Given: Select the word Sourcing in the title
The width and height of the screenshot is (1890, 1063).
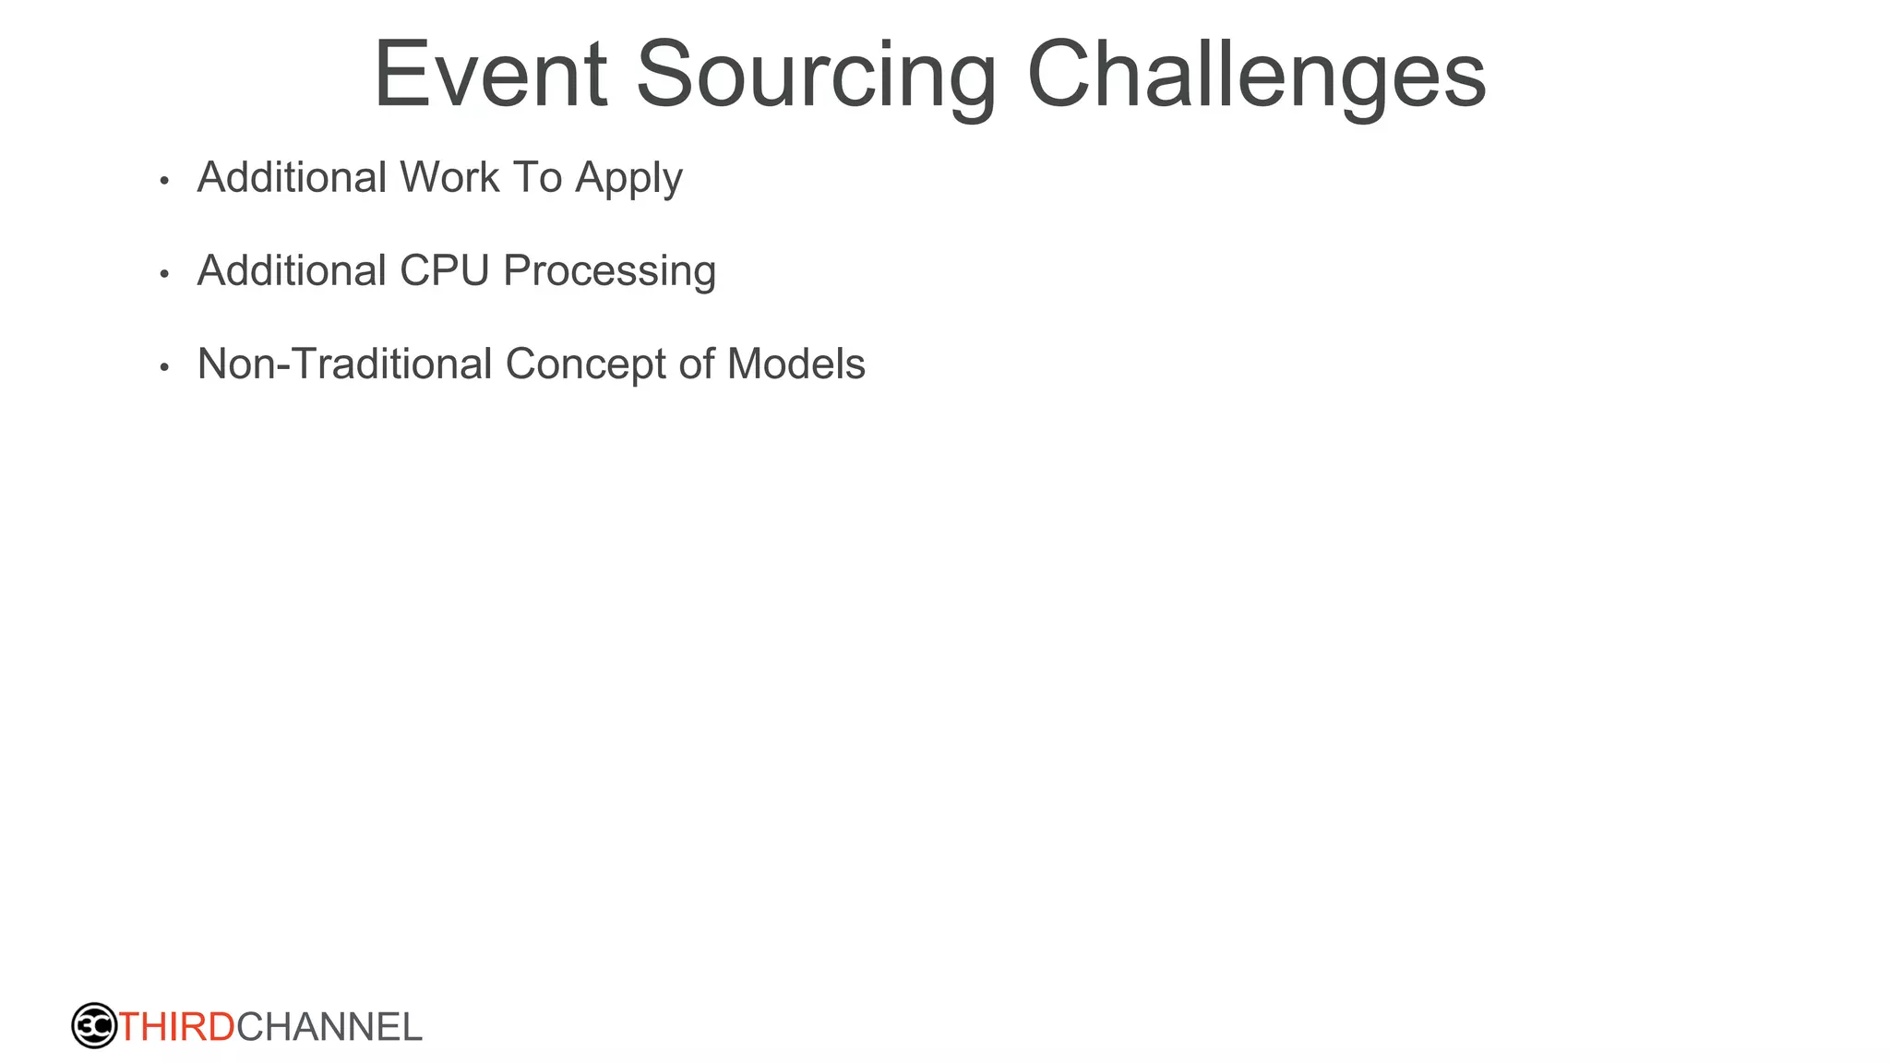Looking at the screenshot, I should tap(816, 76).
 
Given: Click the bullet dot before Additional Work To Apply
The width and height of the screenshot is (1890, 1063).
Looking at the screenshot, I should tap(164, 181).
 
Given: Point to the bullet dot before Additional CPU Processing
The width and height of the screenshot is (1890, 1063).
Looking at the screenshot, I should tap(164, 274).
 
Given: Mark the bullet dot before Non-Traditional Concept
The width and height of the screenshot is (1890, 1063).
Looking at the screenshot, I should tap(164, 367).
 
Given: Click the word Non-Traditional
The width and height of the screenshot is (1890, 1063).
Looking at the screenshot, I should tap(344, 364).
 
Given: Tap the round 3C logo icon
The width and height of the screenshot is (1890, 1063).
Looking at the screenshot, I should tap(94, 1026).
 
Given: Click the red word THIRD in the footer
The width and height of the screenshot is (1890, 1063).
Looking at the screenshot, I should tap(177, 1027).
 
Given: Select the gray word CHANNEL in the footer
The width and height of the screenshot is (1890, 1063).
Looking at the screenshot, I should tap(329, 1027).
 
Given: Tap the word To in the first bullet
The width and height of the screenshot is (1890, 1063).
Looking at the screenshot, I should tap(537, 177).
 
